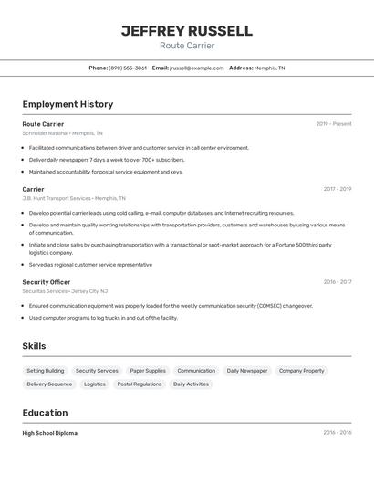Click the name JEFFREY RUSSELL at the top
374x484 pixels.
click(187, 31)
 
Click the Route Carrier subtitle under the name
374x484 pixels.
click(187, 46)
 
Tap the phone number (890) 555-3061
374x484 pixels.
click(128, 68)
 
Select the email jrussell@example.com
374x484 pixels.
click(196, 68)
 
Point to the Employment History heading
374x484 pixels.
click(68, 104)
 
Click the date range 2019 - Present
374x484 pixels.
click(333, 123)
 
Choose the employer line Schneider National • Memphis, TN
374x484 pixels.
click(62, 132)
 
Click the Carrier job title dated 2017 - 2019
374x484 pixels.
click(33, 189)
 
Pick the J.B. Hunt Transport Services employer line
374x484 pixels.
click(74, 198)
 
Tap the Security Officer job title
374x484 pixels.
click(46, 282)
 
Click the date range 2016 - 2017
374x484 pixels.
click(337, 282)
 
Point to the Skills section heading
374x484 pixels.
click(34, 346)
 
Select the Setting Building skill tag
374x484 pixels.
click(46, 371)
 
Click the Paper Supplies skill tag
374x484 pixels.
click(148, 371)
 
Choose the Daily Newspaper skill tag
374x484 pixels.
click(247, 371)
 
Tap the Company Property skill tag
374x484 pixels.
click(301, 371)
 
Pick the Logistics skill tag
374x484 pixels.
click(95, 384)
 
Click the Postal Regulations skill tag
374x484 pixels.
click(140, 384)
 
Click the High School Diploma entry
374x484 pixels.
click(50, 433)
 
